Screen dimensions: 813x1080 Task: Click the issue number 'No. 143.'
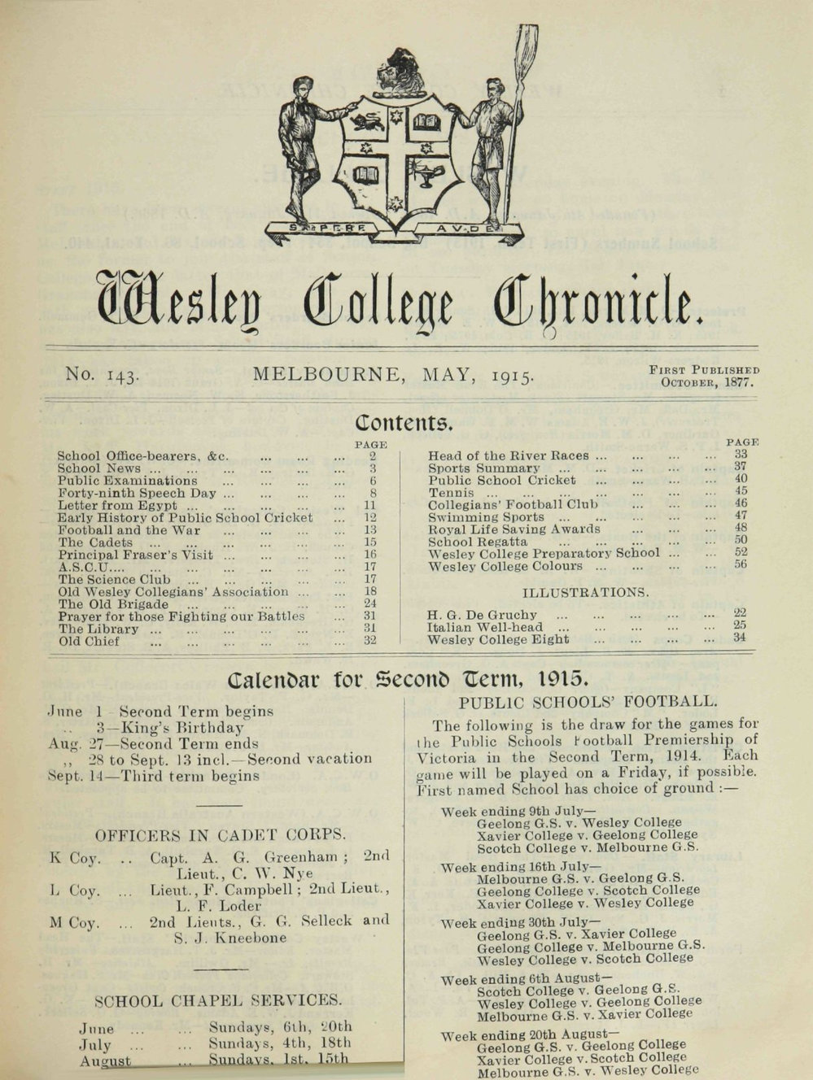[x=103, y=375]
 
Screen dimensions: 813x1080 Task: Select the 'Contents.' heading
[x=404, y=423]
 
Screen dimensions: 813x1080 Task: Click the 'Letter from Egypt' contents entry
[x=117, y=505]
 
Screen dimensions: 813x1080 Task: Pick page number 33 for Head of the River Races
[x=740, y=455]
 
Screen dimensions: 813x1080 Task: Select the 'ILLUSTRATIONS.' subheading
[x=585, y=592]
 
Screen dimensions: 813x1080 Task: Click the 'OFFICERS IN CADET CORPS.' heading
[x=221, y=834]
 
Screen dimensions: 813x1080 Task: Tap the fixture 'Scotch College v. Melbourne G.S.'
[x=588, y=847]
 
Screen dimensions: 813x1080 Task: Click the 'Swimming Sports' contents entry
[x=486, y=517]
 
